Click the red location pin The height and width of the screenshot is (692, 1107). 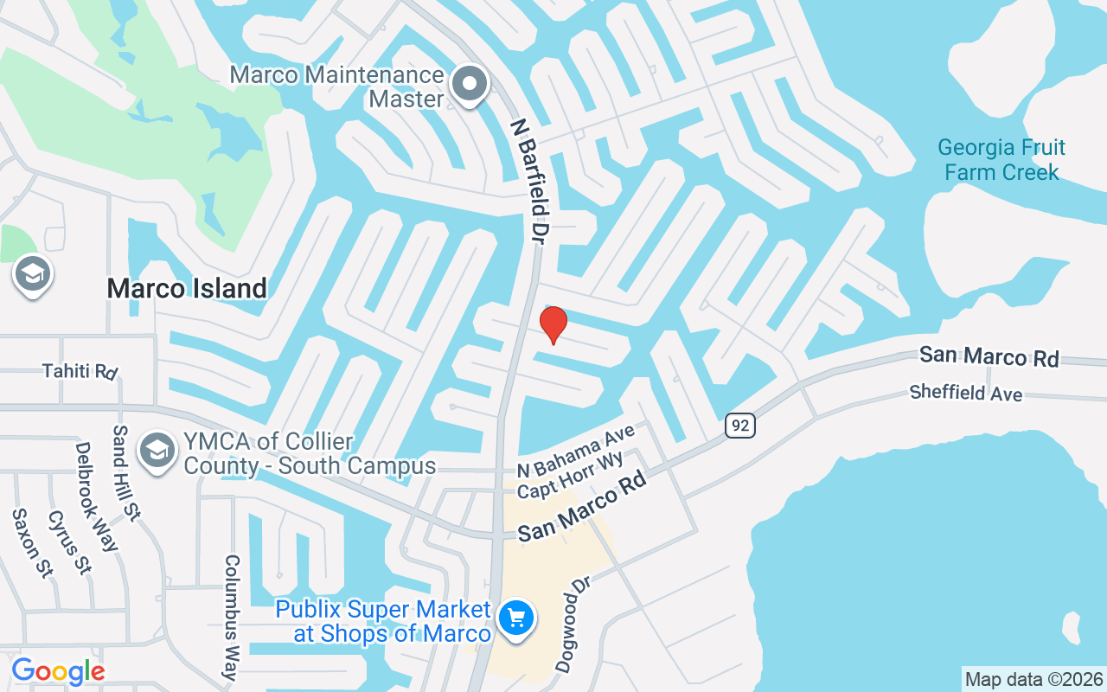click(x=553, y=324)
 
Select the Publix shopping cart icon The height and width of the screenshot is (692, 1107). click(x=517, y=618)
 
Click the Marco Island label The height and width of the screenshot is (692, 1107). click(x=187, y=288)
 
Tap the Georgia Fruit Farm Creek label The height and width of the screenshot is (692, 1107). click(x=1001, y=160)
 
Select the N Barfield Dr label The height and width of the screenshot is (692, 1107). click(x=528, y=181)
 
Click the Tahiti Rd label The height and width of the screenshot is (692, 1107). click(x=80, y=371)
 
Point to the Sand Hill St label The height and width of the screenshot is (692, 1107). click(x=126, y=472)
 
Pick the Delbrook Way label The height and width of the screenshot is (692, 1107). click(x=96, y=497)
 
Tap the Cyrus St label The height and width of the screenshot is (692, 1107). click(x=69, y=542)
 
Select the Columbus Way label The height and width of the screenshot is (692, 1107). click(x=231, y=618)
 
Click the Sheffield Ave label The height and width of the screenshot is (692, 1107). click(x=965, y=393)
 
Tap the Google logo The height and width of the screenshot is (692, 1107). click(x=58, y=671)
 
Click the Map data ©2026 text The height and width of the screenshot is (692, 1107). click(x=1034, y=679)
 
